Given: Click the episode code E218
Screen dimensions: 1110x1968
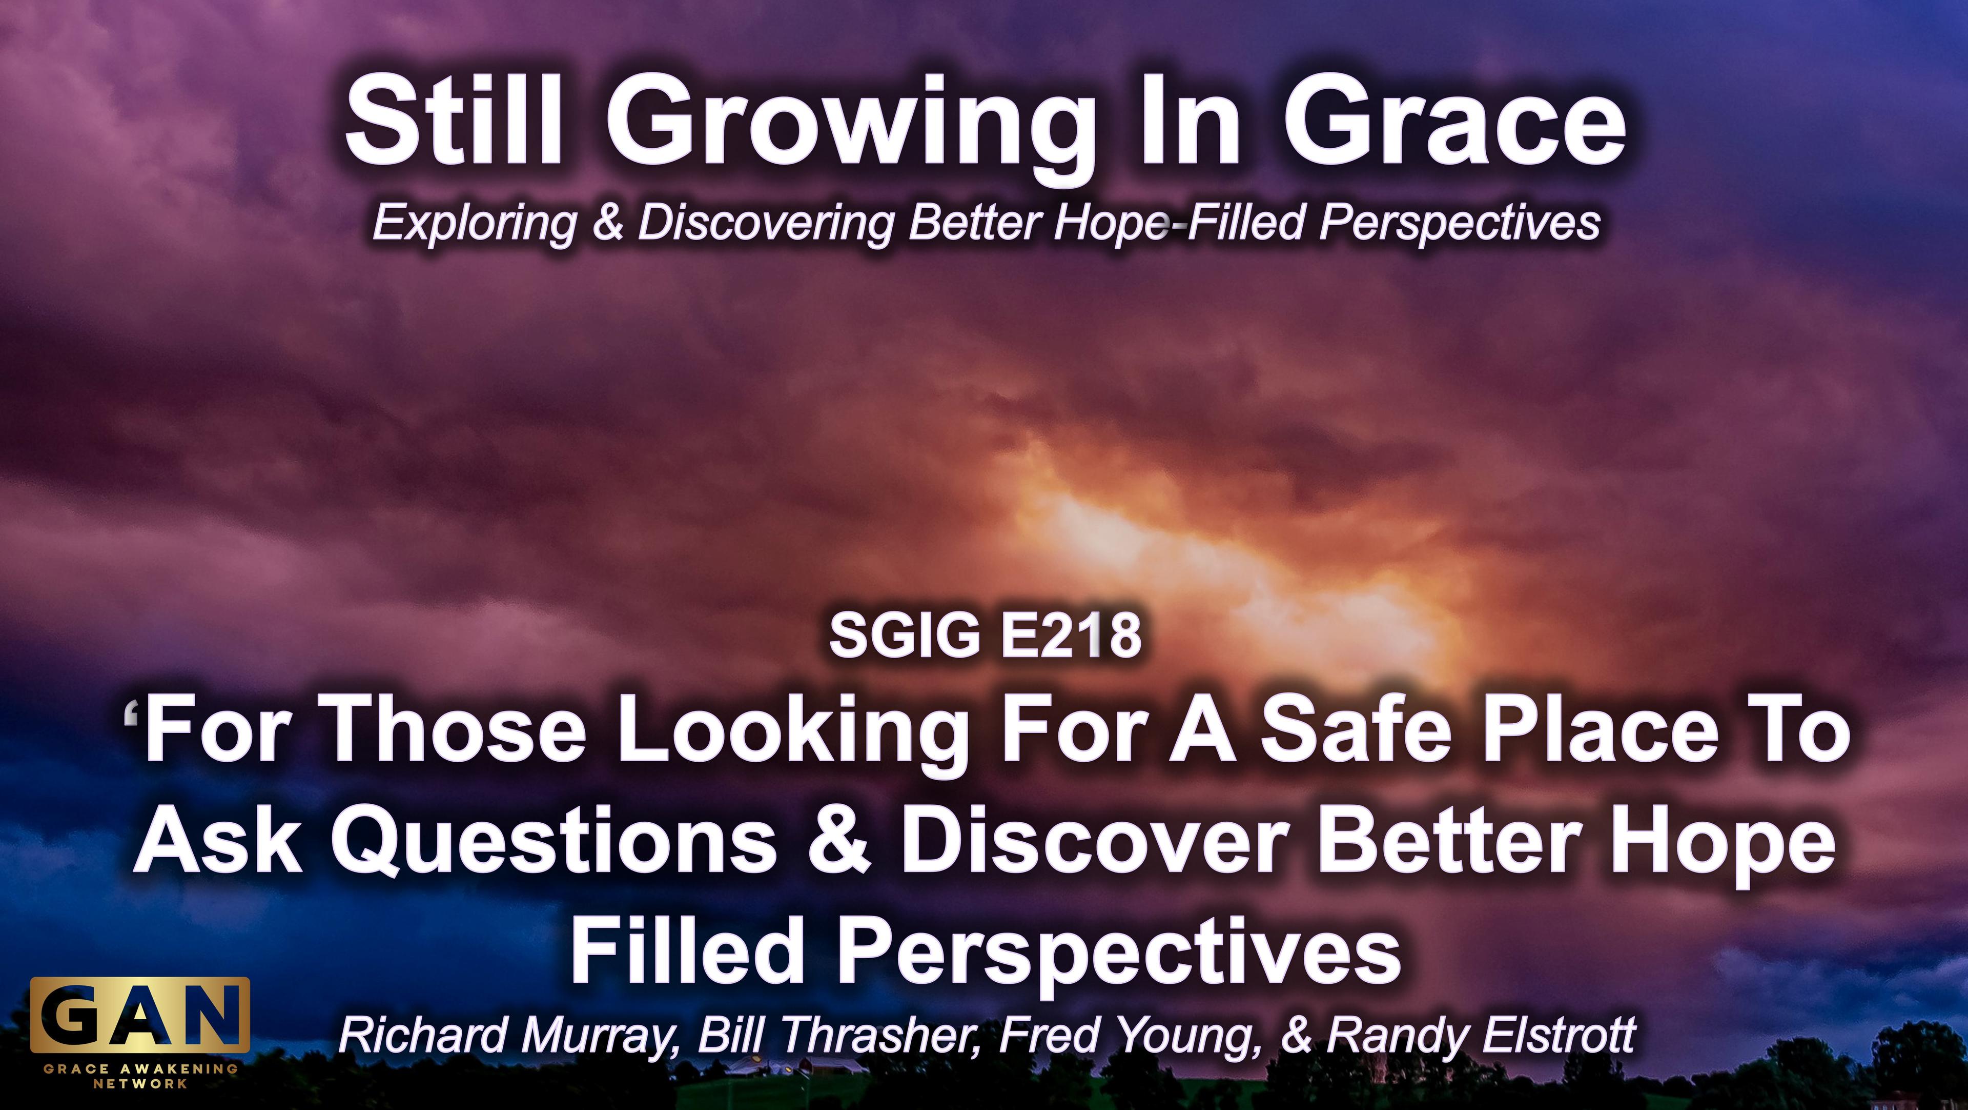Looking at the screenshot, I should [x=1071, y=636].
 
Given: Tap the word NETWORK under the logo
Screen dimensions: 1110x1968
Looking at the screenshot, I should [x=140, y=1083].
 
